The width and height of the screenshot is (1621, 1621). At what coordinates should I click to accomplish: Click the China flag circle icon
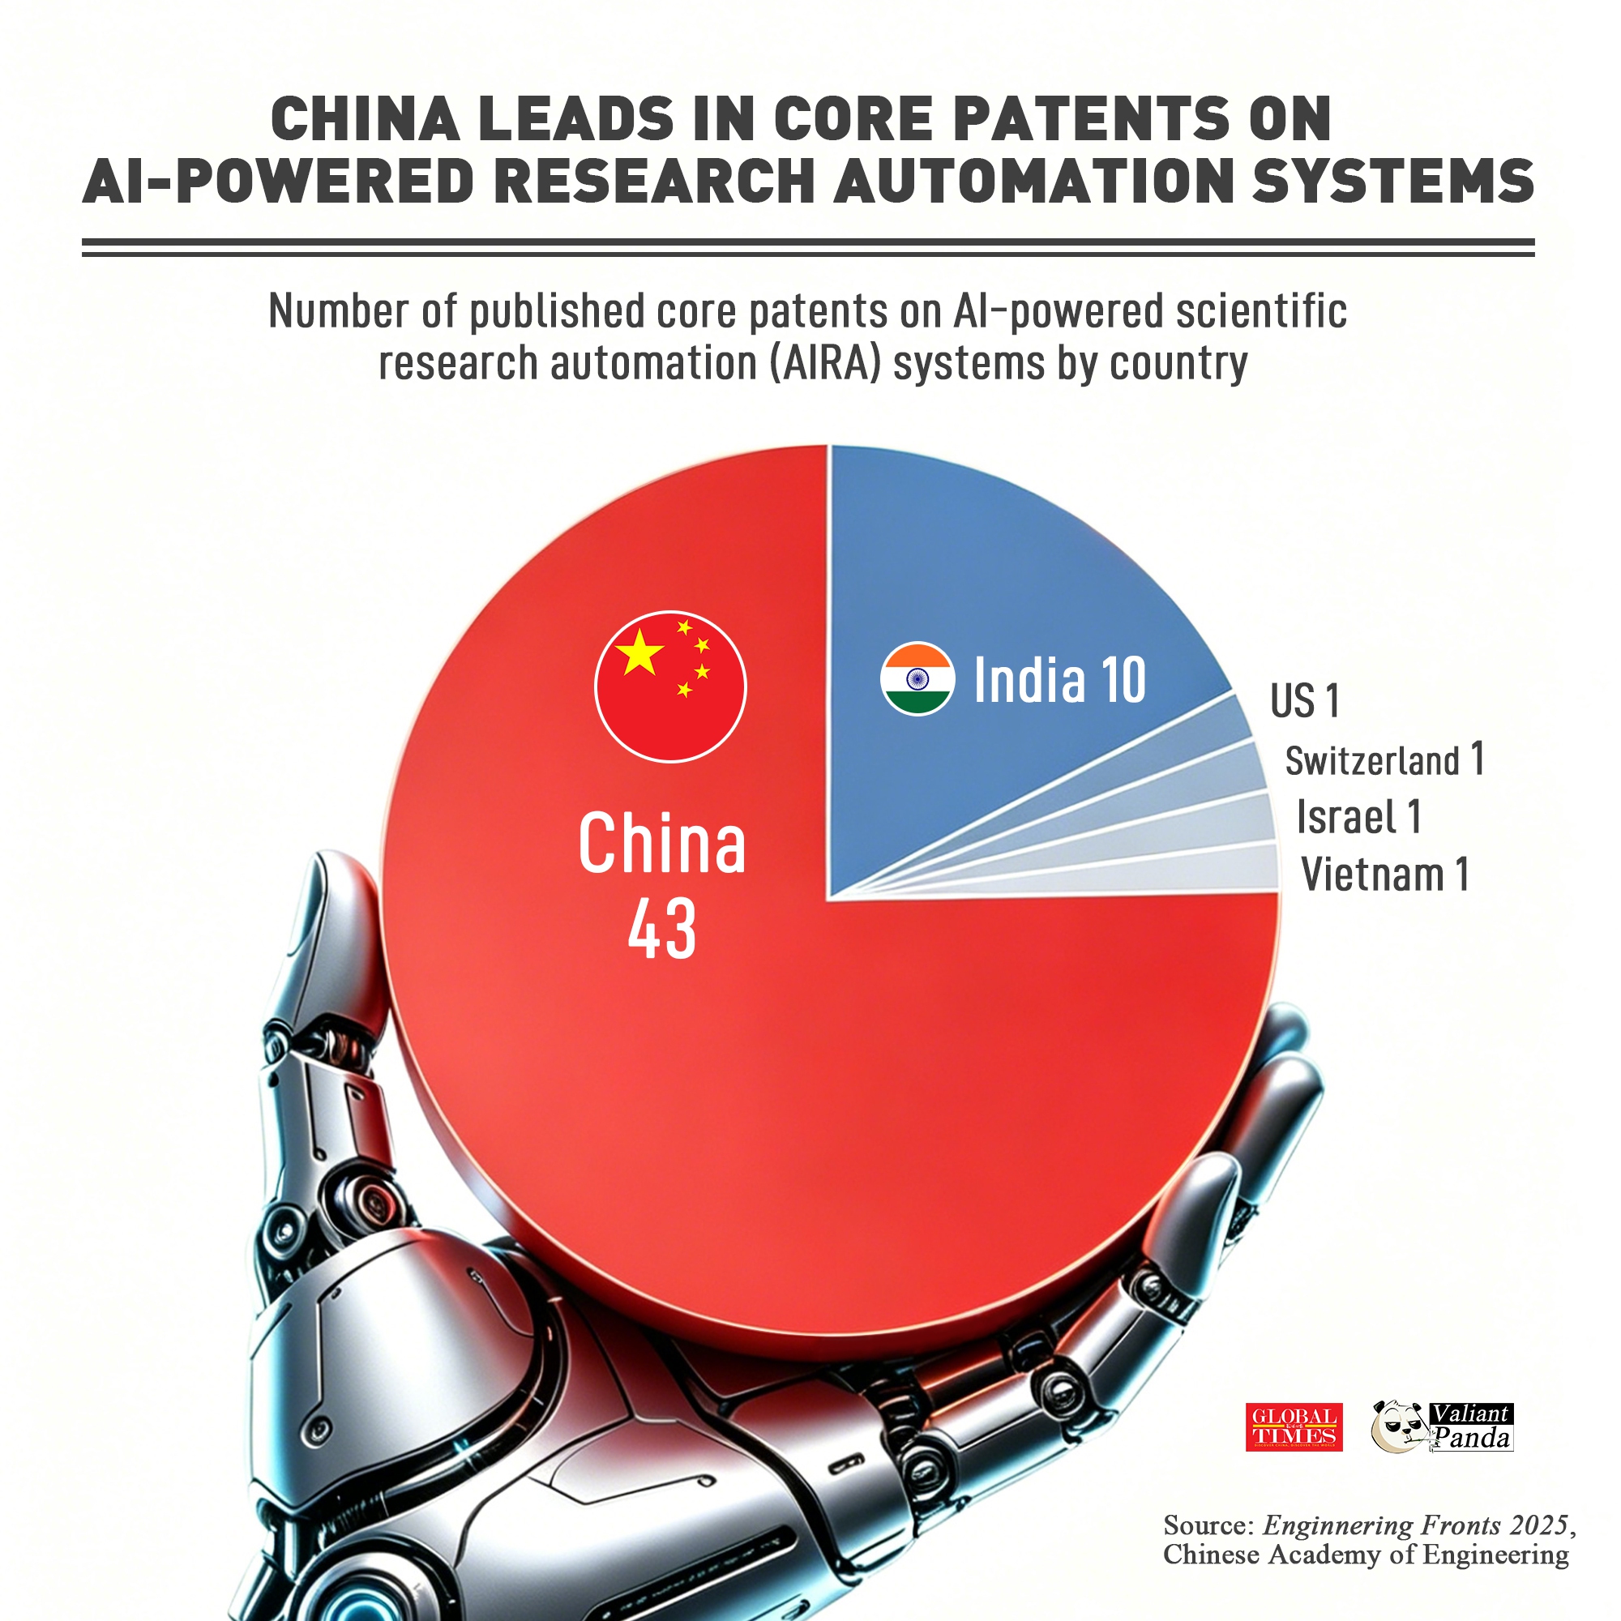pos(670,686)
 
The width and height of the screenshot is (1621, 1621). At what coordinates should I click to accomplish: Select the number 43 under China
pos(662,929)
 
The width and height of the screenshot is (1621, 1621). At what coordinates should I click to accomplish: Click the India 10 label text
pos(1059,680)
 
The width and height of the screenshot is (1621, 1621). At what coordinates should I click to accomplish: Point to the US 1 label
pos(1304,700)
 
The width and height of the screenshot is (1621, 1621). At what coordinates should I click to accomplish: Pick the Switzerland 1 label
pos(1384,760)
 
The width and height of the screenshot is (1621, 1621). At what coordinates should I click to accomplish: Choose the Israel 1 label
pos(1358,816)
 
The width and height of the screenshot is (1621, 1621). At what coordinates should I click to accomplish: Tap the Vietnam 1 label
pos(1384,875)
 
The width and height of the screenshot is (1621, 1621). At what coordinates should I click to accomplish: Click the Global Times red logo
pos(1294,1427)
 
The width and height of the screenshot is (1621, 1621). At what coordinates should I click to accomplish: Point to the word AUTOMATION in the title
pos(1033,181)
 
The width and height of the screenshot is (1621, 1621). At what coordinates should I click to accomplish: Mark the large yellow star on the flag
pos(639,652)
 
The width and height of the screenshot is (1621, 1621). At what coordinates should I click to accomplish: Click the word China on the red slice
pos(662,843)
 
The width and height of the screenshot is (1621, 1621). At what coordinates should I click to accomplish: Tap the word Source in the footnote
pos(1208,1525)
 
